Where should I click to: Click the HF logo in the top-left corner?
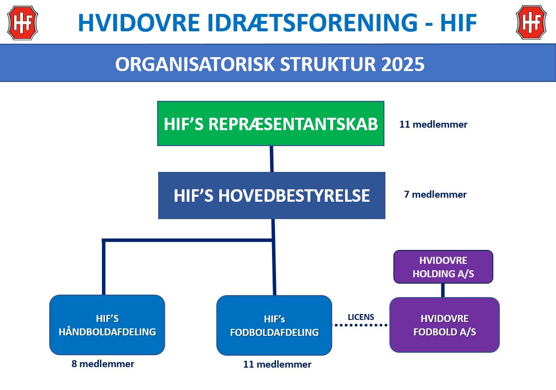[22, 23]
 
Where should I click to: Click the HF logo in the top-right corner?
[531, 23]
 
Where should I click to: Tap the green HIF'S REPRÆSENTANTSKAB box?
[271, 124]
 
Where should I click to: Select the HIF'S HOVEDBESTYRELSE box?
[272, 196]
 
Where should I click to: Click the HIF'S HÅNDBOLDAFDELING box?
[107, 325]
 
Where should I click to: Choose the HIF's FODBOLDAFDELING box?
[274, 325]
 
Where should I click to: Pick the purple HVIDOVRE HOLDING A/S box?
[443, 267]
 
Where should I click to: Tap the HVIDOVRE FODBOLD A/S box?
[445, 325]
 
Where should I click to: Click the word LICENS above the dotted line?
[361, 317]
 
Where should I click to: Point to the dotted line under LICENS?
[361, 325]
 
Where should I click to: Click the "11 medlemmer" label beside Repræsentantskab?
[433, 124]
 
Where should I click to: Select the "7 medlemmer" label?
[436, 194]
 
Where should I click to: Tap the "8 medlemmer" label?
[103, 364]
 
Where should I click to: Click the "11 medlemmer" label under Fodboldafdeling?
[278, 364]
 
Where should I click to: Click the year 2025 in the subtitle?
[403, 64]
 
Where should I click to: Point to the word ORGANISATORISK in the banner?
[195, 64]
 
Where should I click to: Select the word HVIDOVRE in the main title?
[139, 23]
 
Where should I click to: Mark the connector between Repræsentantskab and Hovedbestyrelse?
[272, 159]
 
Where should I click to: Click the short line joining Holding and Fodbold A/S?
[443, 291]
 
